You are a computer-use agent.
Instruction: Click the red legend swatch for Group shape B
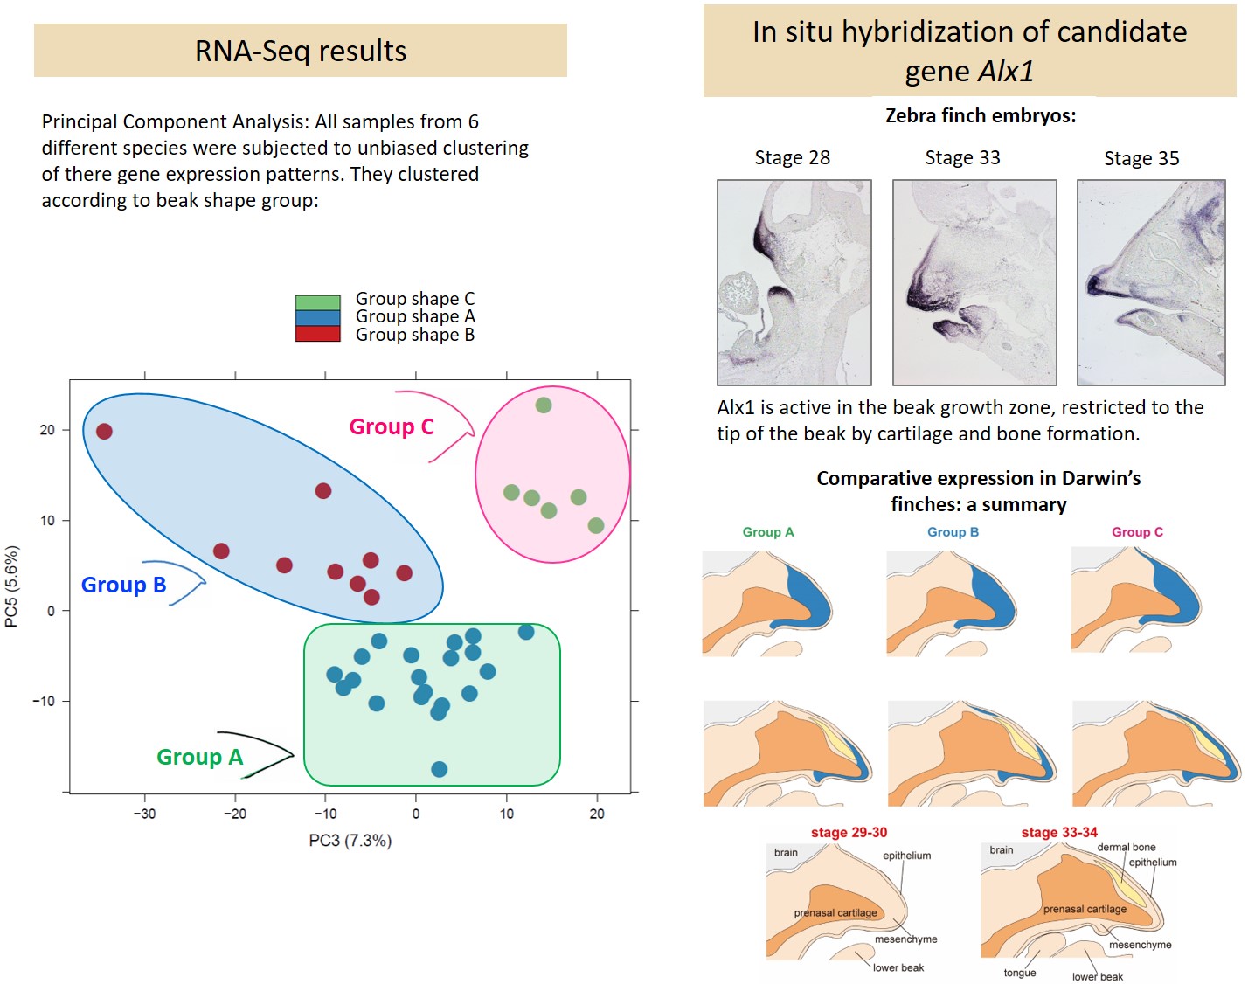pyautogui.click(x=317, y=334)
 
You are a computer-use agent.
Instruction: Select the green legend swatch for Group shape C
pyautogui.click(x=317, y=302)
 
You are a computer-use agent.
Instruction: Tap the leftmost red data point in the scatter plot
pyautogui.click(x=104, y=431)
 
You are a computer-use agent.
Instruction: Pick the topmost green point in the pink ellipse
pyautogui.click(x=544, y=405)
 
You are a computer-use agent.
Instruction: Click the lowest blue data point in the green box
pyautogui.click(x=440, y=769)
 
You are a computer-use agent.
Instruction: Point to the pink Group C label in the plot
pyautogui.click(x=392, y=426)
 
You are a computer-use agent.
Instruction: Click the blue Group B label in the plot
pyautogui.click(x=123, y=585)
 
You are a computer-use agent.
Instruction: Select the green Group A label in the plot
pyautogui.click(x=199, y=757)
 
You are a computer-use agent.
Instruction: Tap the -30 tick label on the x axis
pyautogui.click(x=144, y=814)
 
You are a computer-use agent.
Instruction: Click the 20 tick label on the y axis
pyautogui.click(x=47, y=430)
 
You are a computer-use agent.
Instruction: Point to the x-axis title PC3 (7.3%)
pyautogui.click(x=350, y=841)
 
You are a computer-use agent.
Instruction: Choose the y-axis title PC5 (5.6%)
pyautogui.click(x=12, y=586)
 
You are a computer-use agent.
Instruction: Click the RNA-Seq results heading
pyautogui.click(x=301, y=52)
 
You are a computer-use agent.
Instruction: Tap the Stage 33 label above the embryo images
pyautogui.click(x=962, y=158)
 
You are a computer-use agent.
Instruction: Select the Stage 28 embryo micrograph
pyautogui.click(x=794, y=282)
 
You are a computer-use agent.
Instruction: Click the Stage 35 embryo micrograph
pyautogui.click(x=1151, y=282)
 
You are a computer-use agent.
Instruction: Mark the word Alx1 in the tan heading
pyautogui.click(x=1006, y=71)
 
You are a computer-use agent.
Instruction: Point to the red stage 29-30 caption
pyautogui.click(x=849, y=832)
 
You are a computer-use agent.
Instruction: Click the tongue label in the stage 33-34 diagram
pyautogui.click(x=1020, y=973)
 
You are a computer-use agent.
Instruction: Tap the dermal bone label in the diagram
pyautogui.click(x=1127, y=847)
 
